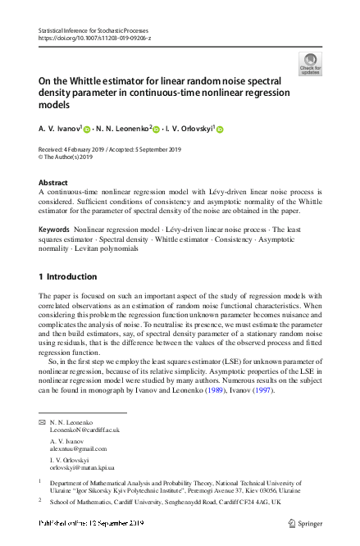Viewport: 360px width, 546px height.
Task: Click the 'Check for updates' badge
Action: click(x=311, y=64)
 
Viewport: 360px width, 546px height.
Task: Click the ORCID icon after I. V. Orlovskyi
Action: click(x=220, y=129)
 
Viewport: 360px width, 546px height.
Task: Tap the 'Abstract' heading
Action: click(x=53, y=182)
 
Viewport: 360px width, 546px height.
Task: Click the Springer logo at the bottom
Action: click(x=308, y=523)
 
